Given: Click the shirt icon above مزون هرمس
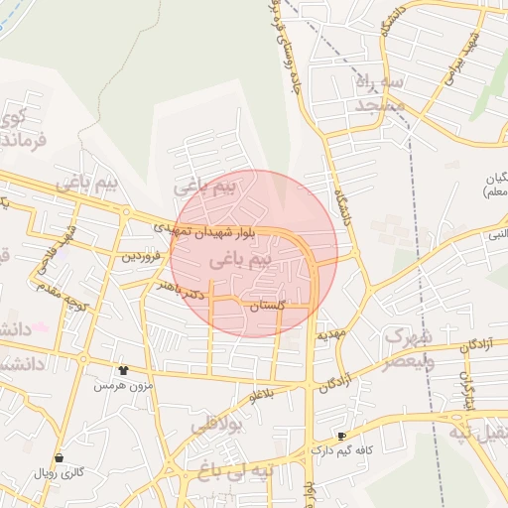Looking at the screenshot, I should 123,370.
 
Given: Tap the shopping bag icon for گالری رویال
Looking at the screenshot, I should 61,458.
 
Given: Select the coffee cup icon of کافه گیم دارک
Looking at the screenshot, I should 342,436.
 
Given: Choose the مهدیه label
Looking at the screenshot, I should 330,333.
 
